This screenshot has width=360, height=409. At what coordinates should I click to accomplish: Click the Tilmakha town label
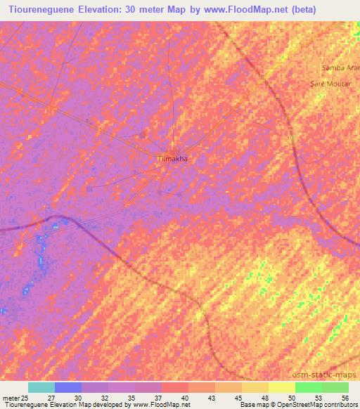(x=172, y=160)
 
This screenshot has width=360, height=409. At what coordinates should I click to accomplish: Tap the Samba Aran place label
(x=340, y=67)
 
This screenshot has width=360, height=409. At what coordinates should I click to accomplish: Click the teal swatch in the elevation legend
(x=41, y=387)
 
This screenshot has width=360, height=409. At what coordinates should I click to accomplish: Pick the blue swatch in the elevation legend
(x=68, y=387)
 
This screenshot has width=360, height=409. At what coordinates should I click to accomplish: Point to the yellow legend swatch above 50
(x=282, y=387)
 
